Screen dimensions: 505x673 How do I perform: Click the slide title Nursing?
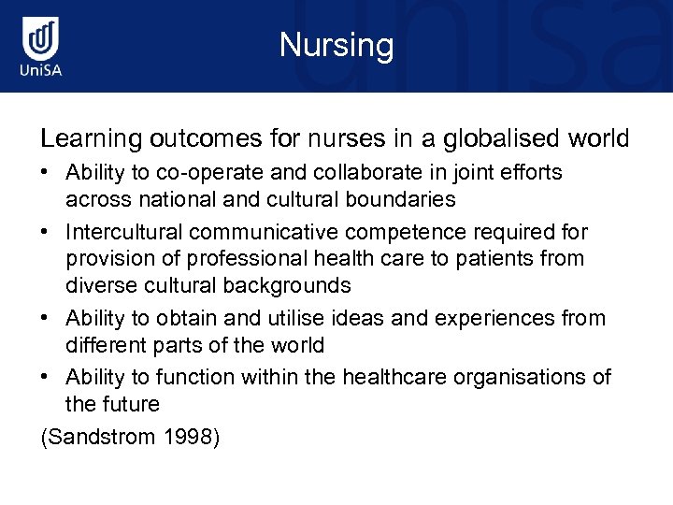coord(336,45)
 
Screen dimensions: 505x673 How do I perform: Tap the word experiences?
coord(494,318)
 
